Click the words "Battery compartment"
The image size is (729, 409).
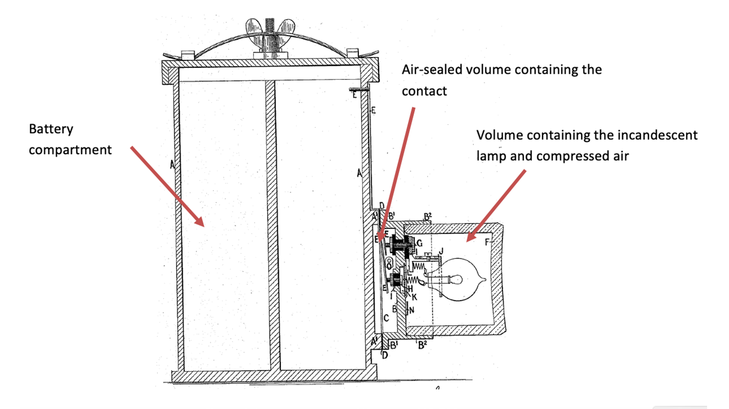click(x=70, y=139)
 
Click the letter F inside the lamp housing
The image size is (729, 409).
click(x=487, y=242)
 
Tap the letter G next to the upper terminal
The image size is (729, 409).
click(x=419, y=243)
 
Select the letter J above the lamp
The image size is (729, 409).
click(x=441, y=250)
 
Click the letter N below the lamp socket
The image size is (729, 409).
click(x=411, y=308)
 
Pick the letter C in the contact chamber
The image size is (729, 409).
click(x=386, y=318)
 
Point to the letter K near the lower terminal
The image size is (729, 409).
click(x=414, y=296)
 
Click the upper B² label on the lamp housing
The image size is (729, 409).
click(x=427, y=216)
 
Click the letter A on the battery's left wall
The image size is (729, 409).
click(x=172, y=165)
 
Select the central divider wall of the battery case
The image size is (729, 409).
click(x=271, y=224)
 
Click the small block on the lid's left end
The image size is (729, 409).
click(x=187, y=54)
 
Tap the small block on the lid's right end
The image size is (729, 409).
click(x=352, y=53)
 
